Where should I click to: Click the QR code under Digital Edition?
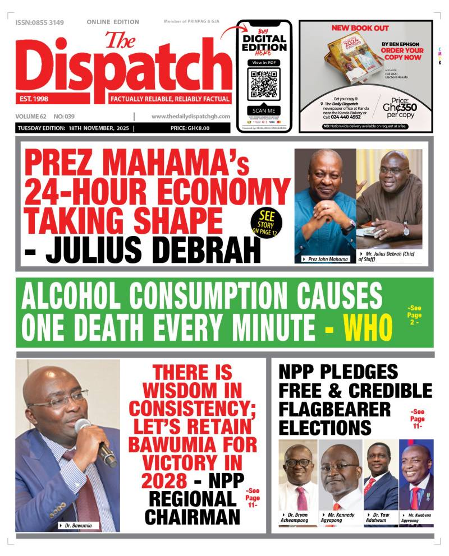263,84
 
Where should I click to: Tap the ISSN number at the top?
40,22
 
